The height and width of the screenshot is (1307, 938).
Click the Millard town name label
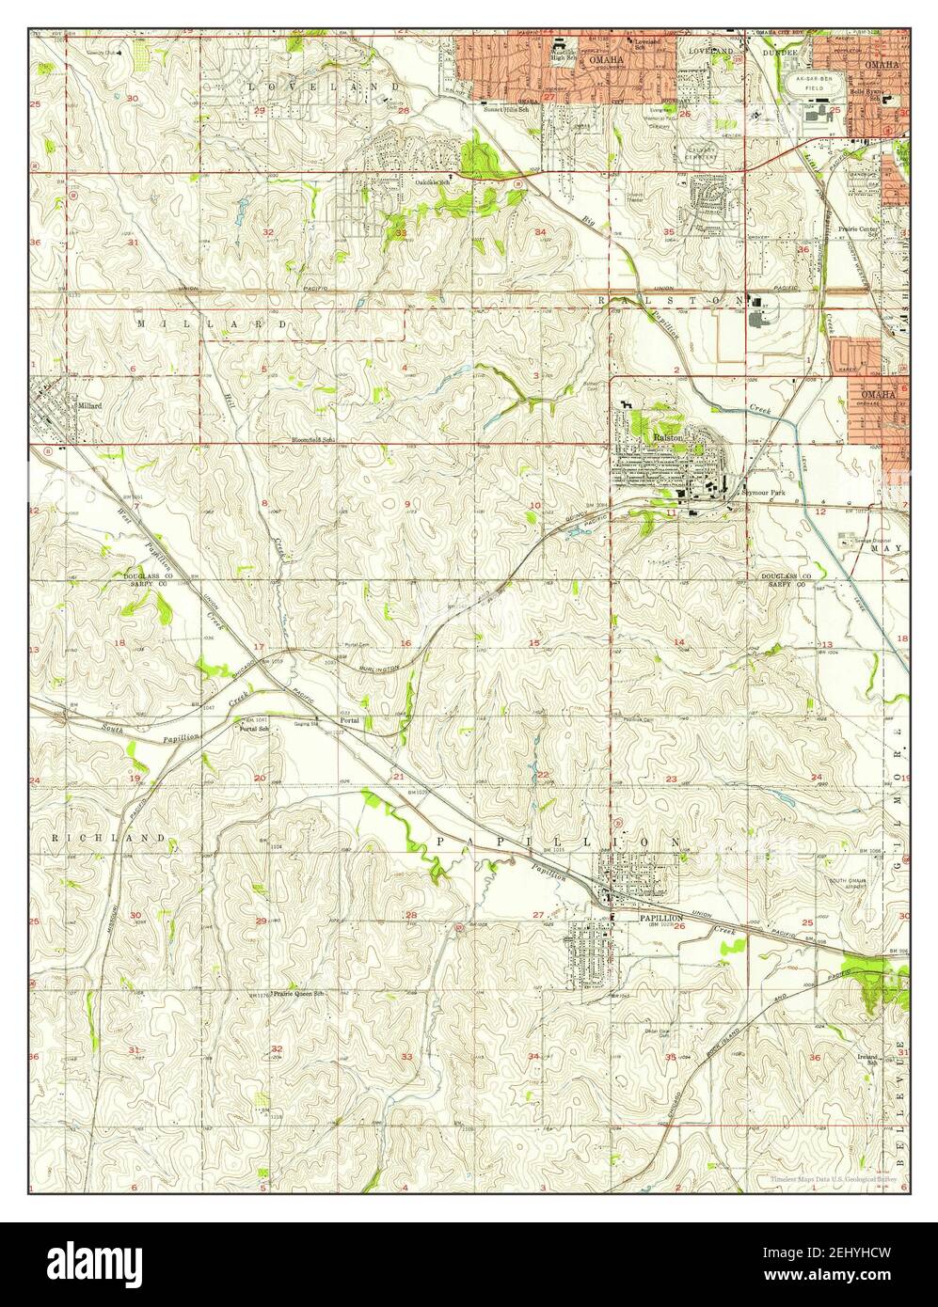coord(89,405)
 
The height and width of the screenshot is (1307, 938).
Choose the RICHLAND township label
coord(108,837)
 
